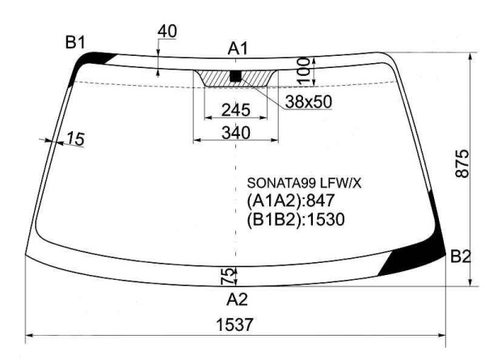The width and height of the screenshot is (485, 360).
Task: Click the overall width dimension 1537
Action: coord(234,324)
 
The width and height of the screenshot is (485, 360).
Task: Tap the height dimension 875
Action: coord(462,163)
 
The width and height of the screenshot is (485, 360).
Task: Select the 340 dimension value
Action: coord(236,133)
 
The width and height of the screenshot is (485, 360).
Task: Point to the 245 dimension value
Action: coord(236,110)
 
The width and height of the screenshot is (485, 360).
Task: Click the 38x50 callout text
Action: coord(309,102)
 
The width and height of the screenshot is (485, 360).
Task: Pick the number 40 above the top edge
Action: coord(167,31)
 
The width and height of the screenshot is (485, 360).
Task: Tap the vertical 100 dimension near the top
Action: coord(304,71)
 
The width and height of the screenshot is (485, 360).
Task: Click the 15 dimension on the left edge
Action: coord(75,138)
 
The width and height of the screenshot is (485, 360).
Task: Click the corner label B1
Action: coord(75,42)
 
